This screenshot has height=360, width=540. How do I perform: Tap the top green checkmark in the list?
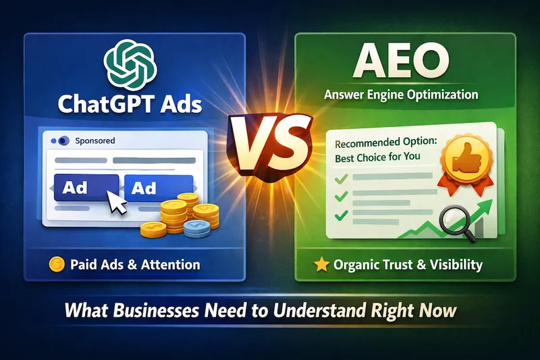coord(342,178)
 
